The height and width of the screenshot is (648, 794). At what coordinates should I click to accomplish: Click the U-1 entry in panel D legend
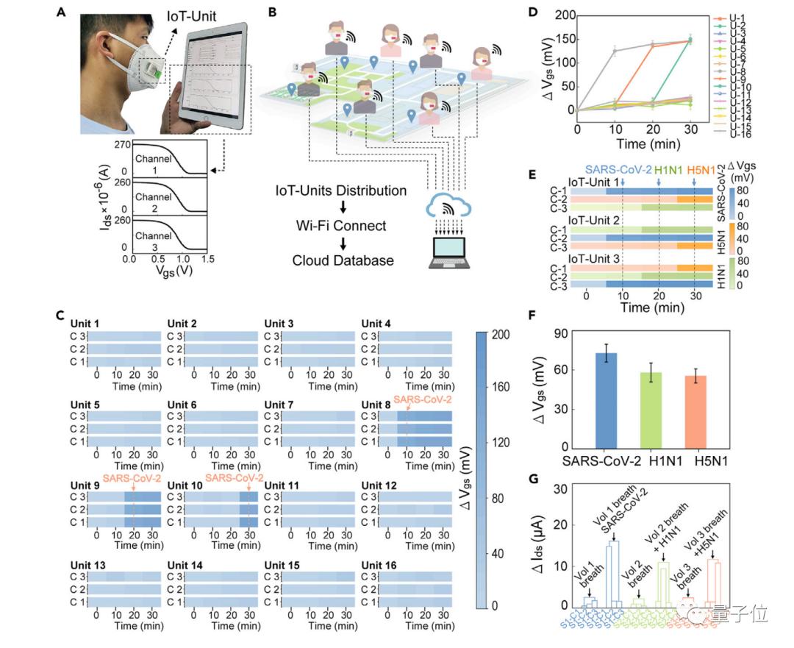738,17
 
